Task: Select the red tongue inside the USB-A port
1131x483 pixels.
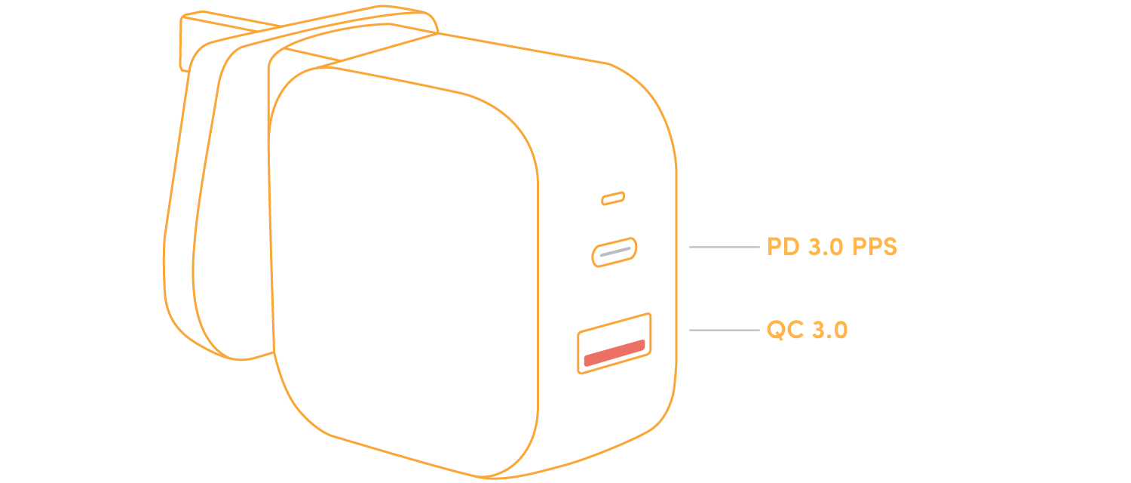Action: coord(615,354)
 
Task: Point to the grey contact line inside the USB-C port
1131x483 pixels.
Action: coord(615,251)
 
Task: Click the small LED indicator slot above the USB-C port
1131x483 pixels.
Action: coord(613,198)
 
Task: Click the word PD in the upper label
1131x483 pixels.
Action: coord(783,247)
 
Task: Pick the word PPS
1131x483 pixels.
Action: coord(875,247)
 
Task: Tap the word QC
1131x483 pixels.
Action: coord(784,330)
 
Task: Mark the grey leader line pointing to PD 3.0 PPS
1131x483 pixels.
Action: coord(724,247)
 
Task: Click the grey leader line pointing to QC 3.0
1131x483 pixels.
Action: coord(724,330)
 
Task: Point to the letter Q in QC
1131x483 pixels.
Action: coord(777,330)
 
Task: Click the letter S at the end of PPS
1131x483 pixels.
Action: coord(889,247)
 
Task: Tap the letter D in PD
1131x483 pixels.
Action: coord(791,247)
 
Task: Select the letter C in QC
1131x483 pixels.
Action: coord(794,330)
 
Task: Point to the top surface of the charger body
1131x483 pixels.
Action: coord(467,64)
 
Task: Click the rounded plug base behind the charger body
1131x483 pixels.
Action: coord(219,226)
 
